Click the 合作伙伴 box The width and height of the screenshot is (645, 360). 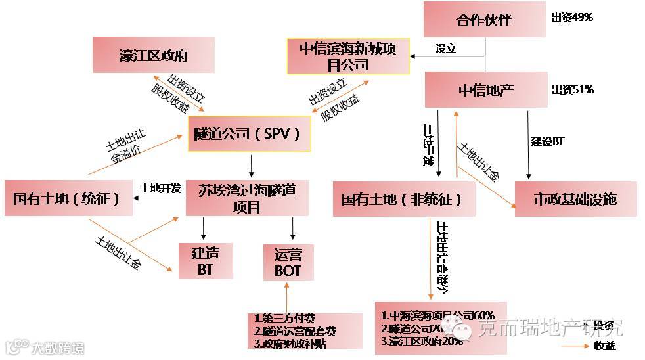[x=485, y=20]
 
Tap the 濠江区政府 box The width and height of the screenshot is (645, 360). [x=154, y=55]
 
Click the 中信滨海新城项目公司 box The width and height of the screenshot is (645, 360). [x=347, y=56]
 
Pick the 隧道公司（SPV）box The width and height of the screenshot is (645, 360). [x=249, y=134]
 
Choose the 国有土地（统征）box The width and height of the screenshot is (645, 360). [x=67, y=197]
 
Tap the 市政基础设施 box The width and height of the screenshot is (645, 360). [x=575, y=199]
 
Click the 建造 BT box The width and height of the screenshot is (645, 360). [x=206, y=261]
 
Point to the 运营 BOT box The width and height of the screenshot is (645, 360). [x=288, y=263]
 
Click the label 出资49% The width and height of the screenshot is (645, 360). [x=572, y=18]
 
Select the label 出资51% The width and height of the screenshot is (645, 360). [x=573, y=89]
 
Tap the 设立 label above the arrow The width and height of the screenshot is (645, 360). [x=446, y=49]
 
